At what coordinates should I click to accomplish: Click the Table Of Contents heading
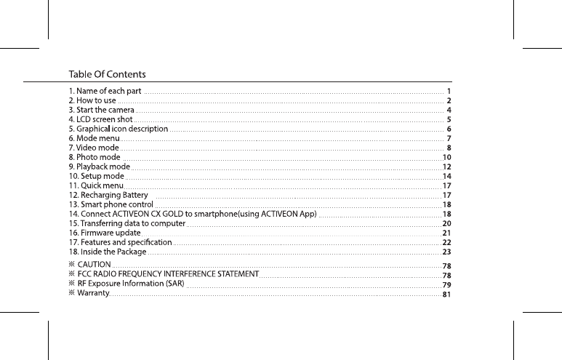(107, 74)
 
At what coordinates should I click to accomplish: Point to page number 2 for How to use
(450, 100)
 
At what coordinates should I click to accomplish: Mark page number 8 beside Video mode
(450, 148)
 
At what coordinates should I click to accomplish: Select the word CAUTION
(94, 263)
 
